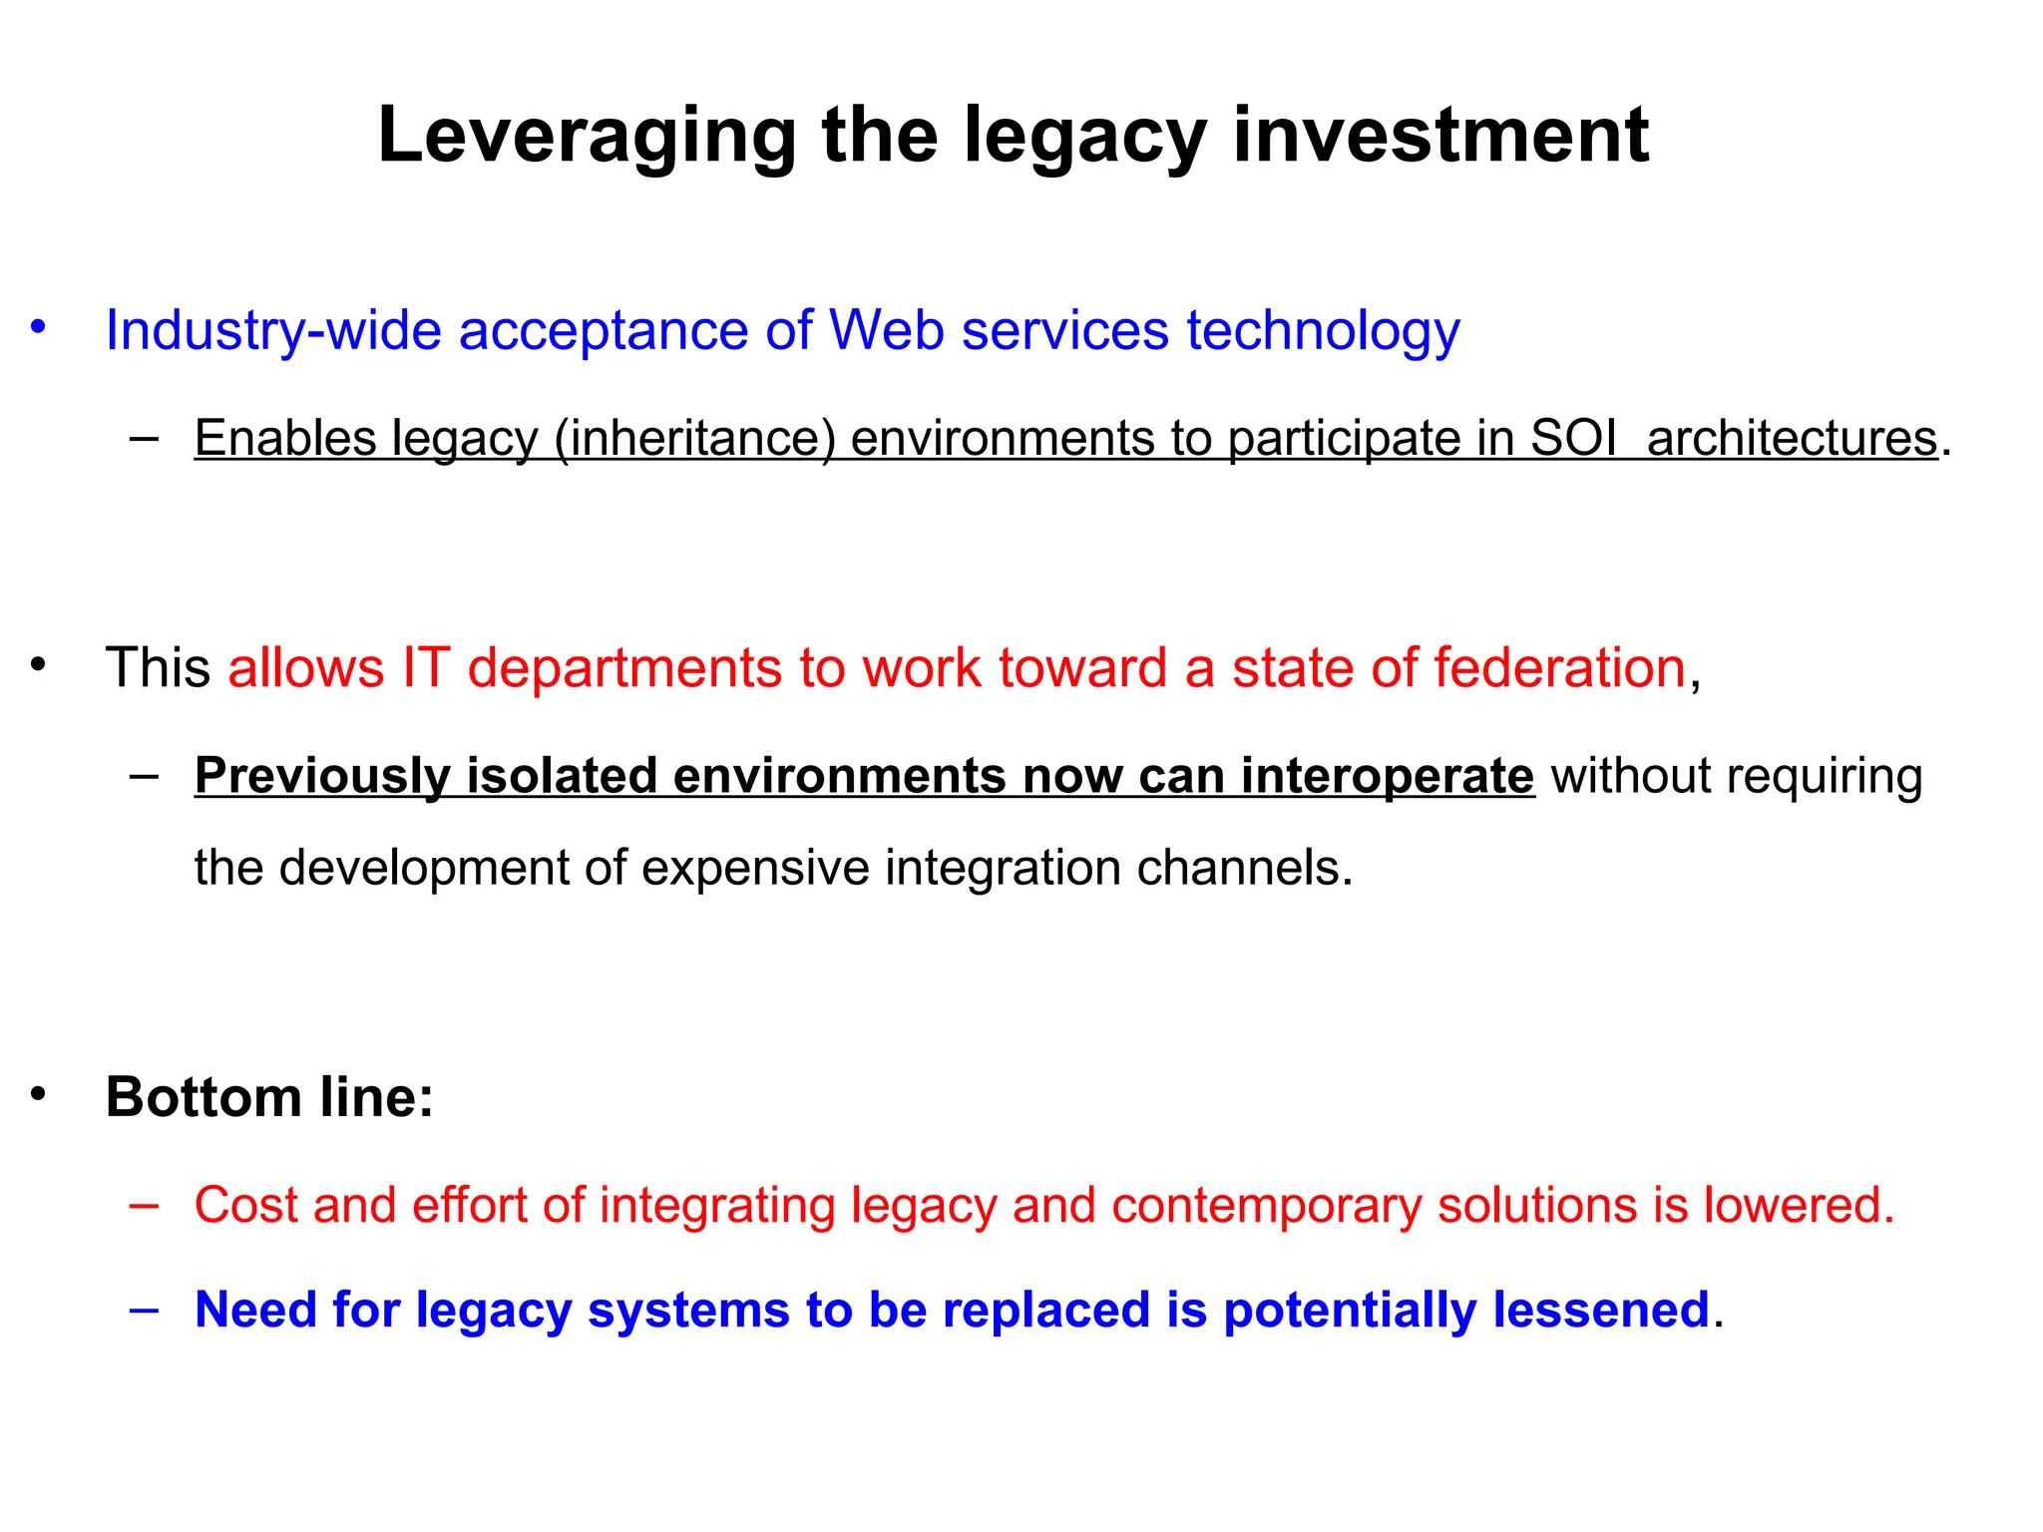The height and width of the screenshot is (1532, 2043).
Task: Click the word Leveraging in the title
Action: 587,136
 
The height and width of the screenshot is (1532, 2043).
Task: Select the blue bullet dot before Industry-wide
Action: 38,326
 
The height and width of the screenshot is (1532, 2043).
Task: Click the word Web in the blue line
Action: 886,330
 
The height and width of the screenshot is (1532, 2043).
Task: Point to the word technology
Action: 1323,330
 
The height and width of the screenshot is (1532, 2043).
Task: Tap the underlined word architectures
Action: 1792,438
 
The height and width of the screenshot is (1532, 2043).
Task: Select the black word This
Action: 158,667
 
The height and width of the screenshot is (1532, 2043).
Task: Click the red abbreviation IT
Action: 426,667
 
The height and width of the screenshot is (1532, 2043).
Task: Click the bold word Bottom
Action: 203,1097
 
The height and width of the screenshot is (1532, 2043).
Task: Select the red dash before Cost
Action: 144,1204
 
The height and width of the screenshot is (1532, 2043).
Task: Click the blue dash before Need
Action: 144,1309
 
